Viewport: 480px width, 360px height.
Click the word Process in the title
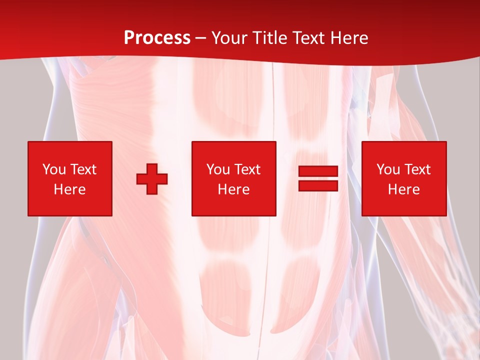point(157,38)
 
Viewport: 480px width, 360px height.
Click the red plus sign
point(152,178)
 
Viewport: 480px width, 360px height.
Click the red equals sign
point(318,178)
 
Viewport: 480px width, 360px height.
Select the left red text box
point(70,178)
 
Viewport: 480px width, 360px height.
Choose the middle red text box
point(233,178)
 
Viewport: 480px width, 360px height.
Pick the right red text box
point(403,178)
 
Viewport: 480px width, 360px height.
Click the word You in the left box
point(54,169)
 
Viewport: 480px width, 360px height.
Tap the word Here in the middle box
point(233,189)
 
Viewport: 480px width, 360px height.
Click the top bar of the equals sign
point(318,171)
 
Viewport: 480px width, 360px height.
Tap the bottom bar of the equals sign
point(318,185)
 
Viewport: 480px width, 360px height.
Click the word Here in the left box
point(70,189)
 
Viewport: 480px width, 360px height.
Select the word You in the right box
point(388,169)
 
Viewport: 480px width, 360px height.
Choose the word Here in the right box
point(403,189)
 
